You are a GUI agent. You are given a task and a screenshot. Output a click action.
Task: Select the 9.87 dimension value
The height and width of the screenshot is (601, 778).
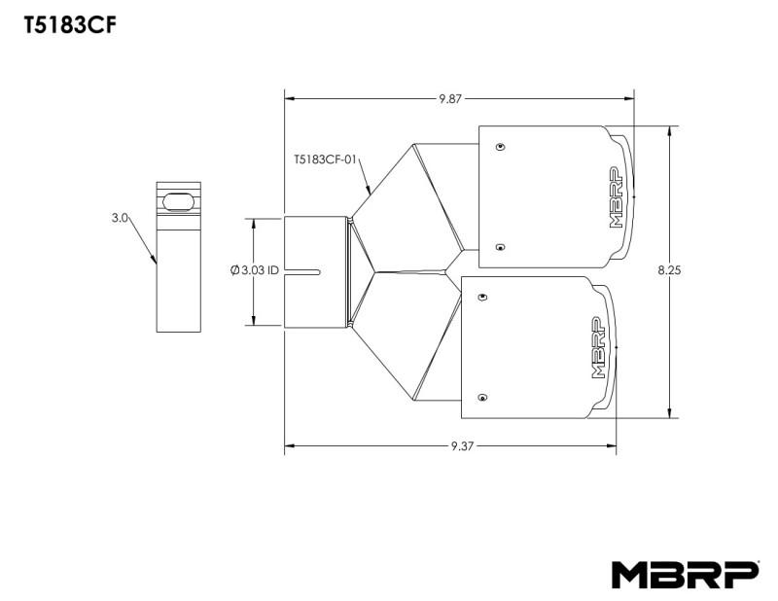tap(451, 98)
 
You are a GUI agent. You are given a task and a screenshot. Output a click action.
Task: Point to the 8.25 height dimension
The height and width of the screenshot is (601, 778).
tap(669, 271)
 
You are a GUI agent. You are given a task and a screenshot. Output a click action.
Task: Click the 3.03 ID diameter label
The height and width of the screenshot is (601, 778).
tap(255, 270)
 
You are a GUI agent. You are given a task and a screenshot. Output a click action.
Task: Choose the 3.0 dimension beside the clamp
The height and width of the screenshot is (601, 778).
tap(119, 219)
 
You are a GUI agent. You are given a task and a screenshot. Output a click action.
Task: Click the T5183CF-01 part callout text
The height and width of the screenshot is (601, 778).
tap(326, 155)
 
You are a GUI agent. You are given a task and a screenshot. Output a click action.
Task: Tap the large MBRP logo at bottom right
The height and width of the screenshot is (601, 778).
tap(684, 575)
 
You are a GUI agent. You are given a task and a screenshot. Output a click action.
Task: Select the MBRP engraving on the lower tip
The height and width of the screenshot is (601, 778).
tap(597, 347)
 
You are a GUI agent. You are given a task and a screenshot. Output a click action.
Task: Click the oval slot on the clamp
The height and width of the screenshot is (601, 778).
tap(179, 200)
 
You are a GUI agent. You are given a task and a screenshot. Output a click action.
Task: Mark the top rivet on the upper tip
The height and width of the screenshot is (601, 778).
tap(499, 147)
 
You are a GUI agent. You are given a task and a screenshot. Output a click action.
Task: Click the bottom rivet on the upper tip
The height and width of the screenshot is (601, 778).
tap(499, 246)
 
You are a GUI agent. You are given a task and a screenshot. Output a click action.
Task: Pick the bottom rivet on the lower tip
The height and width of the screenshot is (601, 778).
tap(482, 398)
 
